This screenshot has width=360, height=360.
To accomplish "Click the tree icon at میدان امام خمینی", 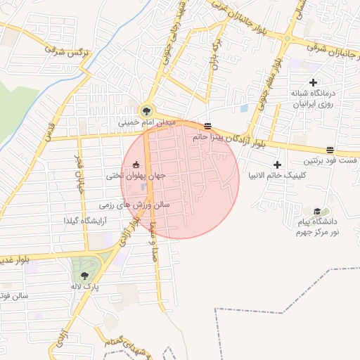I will (146, 110).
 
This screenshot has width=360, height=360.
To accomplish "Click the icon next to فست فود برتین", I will (330, 148).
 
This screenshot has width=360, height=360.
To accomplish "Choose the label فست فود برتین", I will (333, 160).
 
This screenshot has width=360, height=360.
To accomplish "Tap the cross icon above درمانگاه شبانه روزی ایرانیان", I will (313, 82).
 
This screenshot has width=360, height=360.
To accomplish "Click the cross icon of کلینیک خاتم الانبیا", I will (278, 164).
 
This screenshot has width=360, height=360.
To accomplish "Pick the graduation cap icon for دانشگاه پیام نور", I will (317, 211).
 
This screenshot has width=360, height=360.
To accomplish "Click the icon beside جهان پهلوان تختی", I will (135, 165).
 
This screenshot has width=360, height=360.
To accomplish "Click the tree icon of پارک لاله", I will (84, 276).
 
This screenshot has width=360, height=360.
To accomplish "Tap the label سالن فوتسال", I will (14, 296).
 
